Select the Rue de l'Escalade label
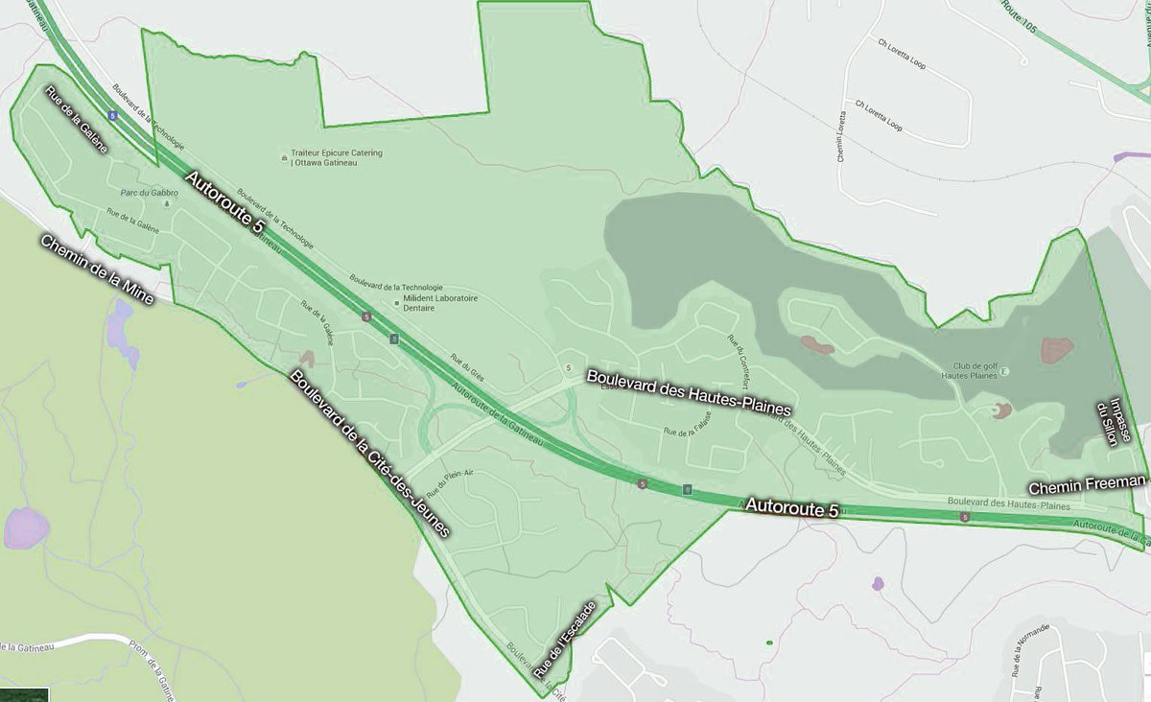(567, 640)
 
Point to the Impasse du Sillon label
(1109, 418)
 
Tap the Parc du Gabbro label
(143, 192)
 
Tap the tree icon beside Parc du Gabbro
(169, 203)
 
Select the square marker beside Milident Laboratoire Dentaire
(398, 303)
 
